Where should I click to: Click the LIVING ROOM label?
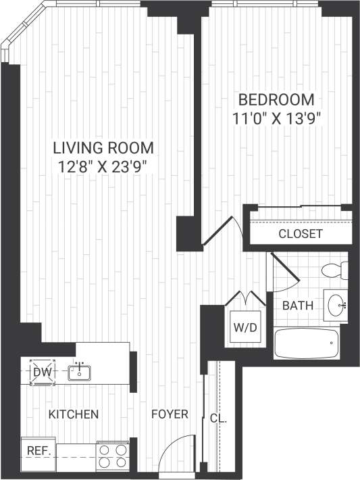103,147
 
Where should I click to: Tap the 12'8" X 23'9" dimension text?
103,166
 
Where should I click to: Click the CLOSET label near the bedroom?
301,235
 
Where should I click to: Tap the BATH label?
297,306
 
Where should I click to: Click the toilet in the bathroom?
334,270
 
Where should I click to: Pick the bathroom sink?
336,306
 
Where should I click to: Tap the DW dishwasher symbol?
42,372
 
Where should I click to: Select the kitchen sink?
80,371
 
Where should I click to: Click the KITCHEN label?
74,414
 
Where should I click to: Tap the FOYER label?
169,414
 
